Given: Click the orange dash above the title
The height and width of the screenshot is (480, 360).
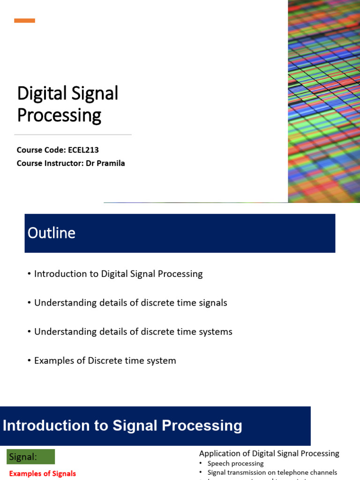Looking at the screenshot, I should [x=24, y=21].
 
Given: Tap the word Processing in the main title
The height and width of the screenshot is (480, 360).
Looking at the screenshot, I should [x=59, y=115].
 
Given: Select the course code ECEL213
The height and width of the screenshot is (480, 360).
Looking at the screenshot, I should [x=83, y=150].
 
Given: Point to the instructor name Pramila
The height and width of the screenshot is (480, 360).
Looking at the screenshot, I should [x=111, y=163].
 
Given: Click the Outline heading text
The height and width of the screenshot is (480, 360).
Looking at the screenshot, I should [x=52, y=233].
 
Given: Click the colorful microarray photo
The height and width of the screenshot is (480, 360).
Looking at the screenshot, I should [x=323, y=101].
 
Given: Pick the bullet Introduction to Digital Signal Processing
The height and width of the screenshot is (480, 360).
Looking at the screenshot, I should [x=118, y=274].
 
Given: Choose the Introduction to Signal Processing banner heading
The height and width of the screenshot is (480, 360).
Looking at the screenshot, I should [x=123, y=426].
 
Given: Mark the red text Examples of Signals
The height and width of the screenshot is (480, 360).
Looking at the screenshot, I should [x=43, y=473].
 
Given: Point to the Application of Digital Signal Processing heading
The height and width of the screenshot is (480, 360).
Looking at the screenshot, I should [x=269, y=453].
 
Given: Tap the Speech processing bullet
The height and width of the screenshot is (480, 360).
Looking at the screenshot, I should [x=235, y=463].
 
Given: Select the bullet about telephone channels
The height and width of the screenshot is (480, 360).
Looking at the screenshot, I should [x=272, y=472].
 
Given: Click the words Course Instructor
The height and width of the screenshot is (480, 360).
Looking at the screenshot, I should [x=49, y=163].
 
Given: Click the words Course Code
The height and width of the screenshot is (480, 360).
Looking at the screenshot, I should [x=40, y=150].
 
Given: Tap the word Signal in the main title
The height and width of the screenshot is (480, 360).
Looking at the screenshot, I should [x=97, y=94].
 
